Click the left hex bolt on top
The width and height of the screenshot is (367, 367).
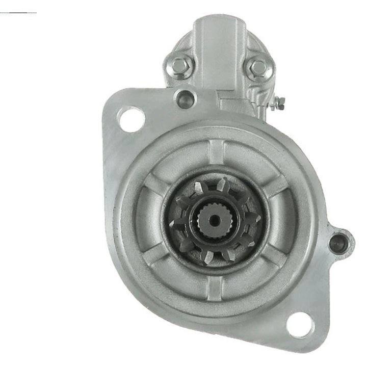pos(181,65)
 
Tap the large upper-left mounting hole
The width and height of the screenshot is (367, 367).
pos(131,119)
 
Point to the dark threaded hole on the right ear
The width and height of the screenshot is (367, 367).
pos(338,243)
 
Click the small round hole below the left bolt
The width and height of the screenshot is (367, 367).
pos(185,96)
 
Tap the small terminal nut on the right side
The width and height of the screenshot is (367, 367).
pos(279,104)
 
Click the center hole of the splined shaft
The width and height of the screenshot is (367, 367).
pos(215,221)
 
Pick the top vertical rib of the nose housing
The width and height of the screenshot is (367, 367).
pos(216,153)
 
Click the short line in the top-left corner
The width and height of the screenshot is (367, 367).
pos(18,12)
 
